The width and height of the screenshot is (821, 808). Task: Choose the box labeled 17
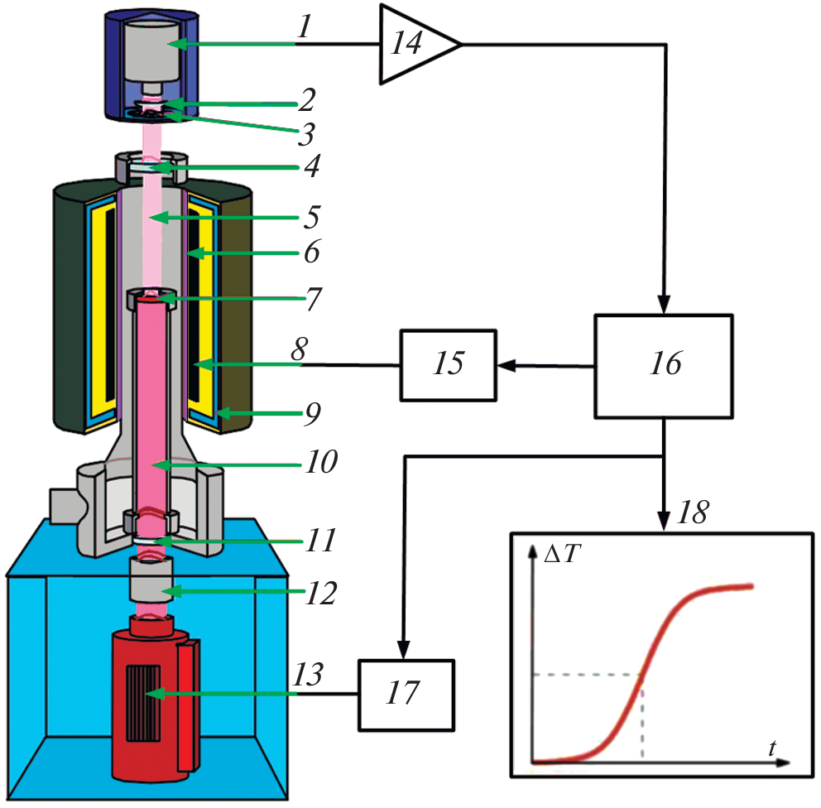tap(406, 694)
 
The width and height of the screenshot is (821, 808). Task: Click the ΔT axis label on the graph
tap(561, 557)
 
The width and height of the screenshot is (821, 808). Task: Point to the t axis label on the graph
tap(771, 748)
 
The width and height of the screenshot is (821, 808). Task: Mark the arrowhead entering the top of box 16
tap(665, 308)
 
